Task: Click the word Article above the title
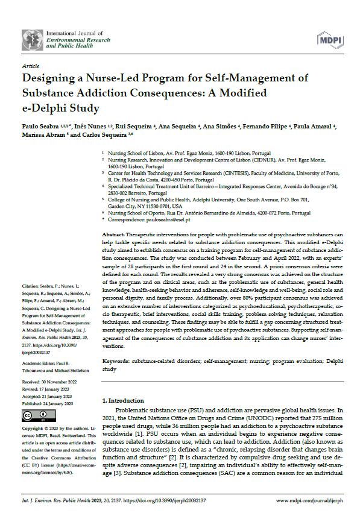tap(30, 66)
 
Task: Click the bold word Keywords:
tap(117, 360)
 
